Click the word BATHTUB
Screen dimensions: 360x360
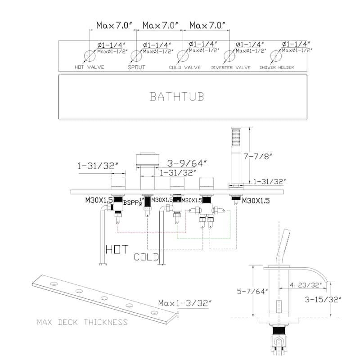(177, 97)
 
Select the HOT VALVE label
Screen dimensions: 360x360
(89, 67)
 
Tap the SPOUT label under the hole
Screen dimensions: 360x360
(137, 67)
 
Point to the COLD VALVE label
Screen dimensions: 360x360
(185, 67)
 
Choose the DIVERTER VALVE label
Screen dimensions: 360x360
(231, 67)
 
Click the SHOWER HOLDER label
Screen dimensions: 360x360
(277, 67)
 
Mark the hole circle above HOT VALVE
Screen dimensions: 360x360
(90, 56)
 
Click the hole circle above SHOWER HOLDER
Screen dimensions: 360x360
(276, 56)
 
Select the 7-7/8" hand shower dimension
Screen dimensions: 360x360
(258, 156)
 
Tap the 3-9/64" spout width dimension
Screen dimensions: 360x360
(187, 163)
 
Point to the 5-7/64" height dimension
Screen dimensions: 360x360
(252, 291)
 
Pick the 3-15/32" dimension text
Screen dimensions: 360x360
(323, 299)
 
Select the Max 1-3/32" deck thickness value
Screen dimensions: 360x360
(185, 303)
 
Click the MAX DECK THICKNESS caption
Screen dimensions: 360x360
(82, 322)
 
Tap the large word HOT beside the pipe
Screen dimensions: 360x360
(117, 249)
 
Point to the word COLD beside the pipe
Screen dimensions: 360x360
(146, 257)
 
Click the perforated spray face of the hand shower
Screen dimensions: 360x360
(236, 137)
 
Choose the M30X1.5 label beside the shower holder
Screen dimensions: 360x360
(256, 201)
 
